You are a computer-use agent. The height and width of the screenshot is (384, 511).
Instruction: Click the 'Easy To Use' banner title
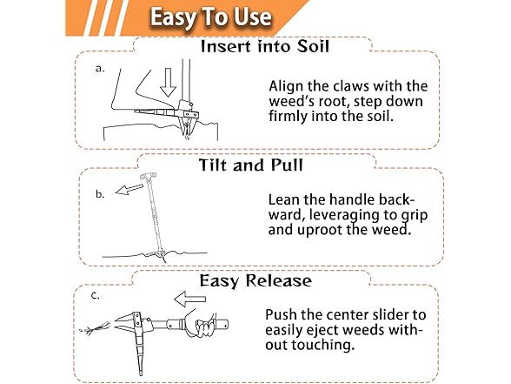click(x=210, y=17)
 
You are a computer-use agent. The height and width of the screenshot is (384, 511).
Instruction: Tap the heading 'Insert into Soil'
click(x=264, y=47)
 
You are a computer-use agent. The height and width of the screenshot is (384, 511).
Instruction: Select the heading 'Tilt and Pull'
click(x=250, y=165)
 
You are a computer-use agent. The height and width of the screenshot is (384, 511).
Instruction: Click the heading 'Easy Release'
click(x=255, y=281)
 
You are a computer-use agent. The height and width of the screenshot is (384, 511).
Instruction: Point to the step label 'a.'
click(x=100, y=69)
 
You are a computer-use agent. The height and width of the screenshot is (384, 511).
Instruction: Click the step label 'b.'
click(x=100, y=194)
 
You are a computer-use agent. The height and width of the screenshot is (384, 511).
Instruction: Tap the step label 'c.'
click(x=96, y=296)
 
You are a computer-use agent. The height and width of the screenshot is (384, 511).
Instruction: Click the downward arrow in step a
click(x=169, y=82)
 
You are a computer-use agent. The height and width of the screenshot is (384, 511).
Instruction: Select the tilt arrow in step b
click(x=129, y=189)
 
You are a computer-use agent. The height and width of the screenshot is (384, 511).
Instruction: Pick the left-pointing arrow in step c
click(x=189, y=300)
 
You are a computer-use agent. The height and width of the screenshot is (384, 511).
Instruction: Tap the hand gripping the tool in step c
click(x=201, y=326)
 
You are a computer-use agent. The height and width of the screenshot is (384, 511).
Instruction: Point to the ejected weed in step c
click(x=95, y=327)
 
